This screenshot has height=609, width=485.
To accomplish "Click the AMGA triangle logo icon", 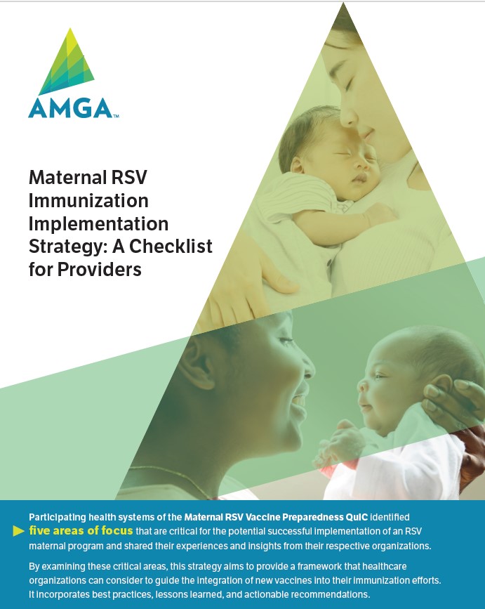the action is pyautogui.click(x=67, y=62).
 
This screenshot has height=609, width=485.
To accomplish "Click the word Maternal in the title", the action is pyautogui.click(x=68, y=178).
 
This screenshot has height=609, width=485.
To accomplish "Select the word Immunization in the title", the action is pyautogui.click(x=88, y=201).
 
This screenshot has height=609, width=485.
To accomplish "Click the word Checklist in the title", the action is pyautogui.click(x=171, y=247).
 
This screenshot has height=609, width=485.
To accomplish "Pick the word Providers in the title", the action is pyautogui.click(x=100, y=270).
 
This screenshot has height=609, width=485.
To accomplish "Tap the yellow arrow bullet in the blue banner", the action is pyautogui.click(x=19, y=531).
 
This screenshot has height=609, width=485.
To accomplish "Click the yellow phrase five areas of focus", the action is pyautogui.click(x=81, y=530).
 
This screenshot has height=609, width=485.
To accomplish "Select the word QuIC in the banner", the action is pyautogui.click(x=356, y=517).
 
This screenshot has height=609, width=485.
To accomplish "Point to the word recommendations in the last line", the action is pyautogui.click(x=330, y=594).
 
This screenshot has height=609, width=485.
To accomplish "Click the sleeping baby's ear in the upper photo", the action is pyautogui.click(x=297, y=165).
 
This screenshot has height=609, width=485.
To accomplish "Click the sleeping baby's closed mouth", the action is pyautogui.click(x=359, y=178).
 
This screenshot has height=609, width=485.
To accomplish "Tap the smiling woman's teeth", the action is pyautogui.click(x=299, y=400).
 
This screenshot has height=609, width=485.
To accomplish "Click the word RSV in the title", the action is pyautogui.click(x=130, y=178).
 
